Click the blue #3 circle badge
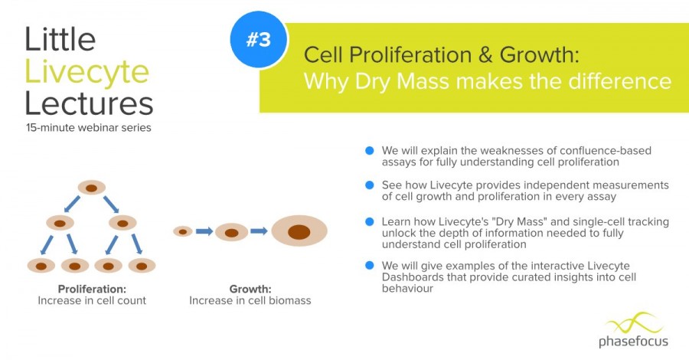point(259,40)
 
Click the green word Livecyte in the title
point(87,72)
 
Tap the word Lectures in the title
point(89,103)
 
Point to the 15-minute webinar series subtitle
point(88,128)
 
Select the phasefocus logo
point(634,331)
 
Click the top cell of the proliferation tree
point(91,188)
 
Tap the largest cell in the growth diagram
point(299,231)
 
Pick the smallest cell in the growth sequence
point(183,231)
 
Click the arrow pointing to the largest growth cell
point(260,231)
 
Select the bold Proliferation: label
point(92,290)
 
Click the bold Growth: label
point(250,290)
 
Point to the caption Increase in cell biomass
point(250,301)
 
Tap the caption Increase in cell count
point(92,301)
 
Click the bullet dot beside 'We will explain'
point(369,151)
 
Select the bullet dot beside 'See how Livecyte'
point(369,185)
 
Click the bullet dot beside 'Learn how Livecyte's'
point(369,222)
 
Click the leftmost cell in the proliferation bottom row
point(41,266)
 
